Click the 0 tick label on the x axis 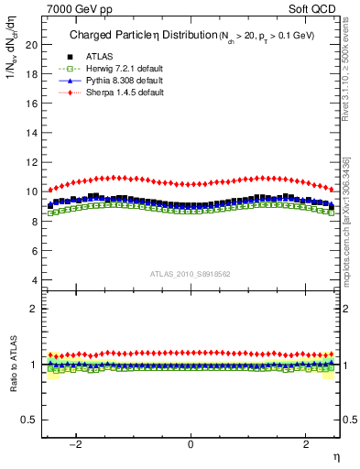click(x=191, y=445)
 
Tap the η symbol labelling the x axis click(x=335, y=457)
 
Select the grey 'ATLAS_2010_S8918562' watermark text click(x=191, y=273)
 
